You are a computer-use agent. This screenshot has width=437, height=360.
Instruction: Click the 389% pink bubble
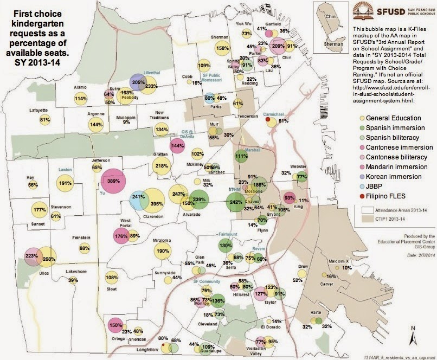coord(114,181)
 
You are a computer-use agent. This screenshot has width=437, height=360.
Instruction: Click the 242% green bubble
coord(236,202)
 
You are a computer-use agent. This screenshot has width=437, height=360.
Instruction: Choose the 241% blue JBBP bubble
coord(138,201)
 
